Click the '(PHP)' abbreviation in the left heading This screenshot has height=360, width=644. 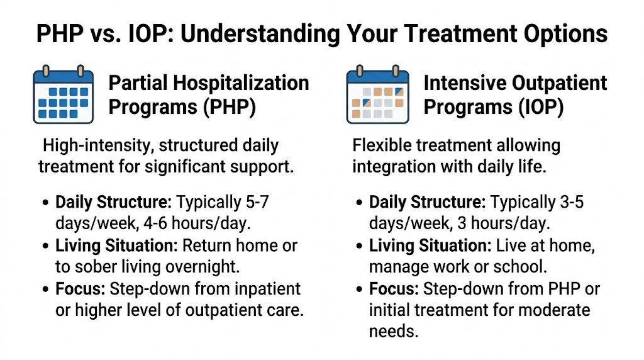[228, 106]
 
